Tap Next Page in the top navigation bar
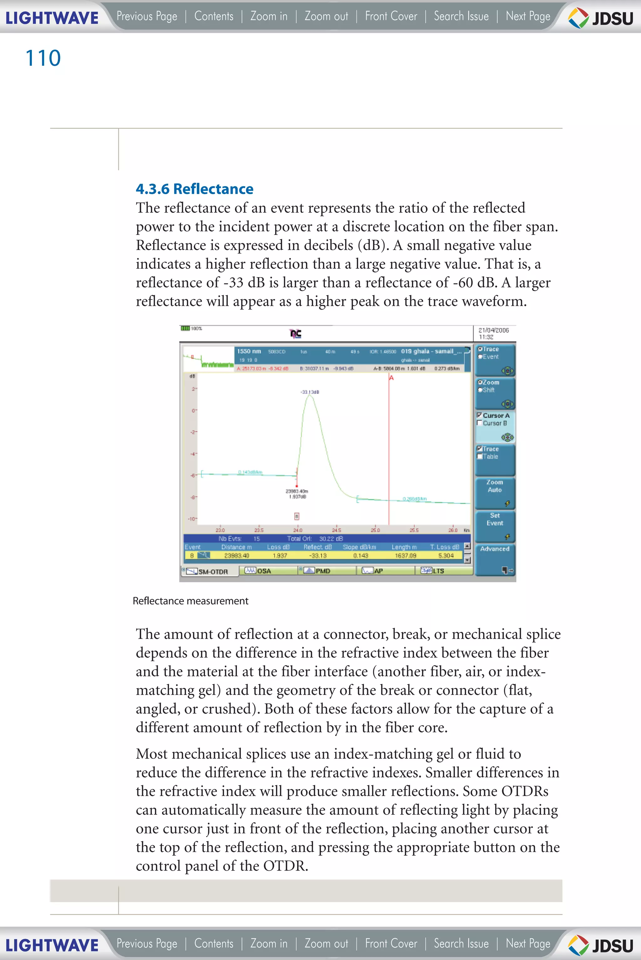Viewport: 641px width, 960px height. click(x=528, y=16)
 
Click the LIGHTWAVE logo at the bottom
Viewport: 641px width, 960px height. click(x=52, y=945)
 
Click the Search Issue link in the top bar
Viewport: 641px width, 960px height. click(x=461, y=16)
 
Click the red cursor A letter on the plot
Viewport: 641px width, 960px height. click(x=391, y=378)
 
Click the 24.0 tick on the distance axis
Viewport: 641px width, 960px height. click(x=298, y=530)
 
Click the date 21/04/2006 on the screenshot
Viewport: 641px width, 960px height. click(x=493, y=330)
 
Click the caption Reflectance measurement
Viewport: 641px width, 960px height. click(x=191, y=601)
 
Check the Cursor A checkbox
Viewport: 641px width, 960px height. click(x=479, y=415)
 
